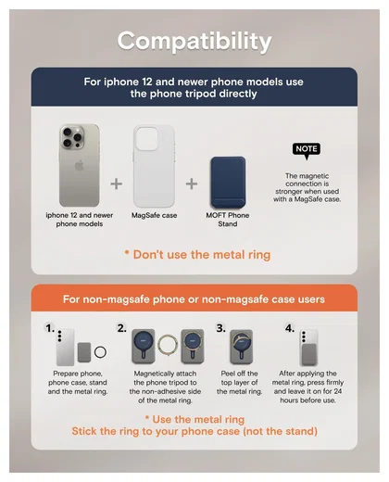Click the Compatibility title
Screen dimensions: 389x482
tap(194, 42)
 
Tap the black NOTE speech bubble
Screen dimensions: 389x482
tap(307, 150)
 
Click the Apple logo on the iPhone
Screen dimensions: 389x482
tap(80, 166)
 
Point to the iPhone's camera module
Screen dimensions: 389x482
tap(72, 136)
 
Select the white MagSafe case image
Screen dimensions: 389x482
tap(154, 166)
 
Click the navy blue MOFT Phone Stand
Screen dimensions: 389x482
tap(228, 183)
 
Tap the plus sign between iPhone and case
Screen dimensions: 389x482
tap(117, 184)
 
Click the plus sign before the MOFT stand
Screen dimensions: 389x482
tap(192, 184)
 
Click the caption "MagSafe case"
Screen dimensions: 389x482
tap(154, 215)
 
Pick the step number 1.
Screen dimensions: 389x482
tap(50, 328)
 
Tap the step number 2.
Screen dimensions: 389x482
tap(121, 328)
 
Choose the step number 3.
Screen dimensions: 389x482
tap(220, 328)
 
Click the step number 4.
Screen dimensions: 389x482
tap(290, 328)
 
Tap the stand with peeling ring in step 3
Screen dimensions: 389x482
tap(242, 347)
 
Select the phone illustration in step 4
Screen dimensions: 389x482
tap(308, 348)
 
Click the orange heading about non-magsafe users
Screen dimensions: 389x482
tap(194, 299)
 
